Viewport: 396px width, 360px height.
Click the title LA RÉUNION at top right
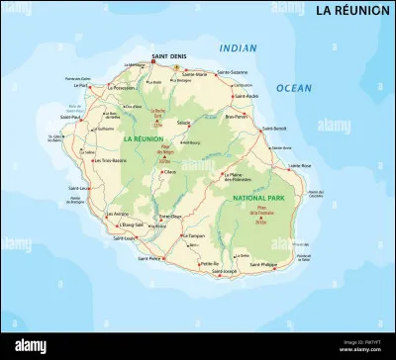pyautogui.click(x=351, y=11)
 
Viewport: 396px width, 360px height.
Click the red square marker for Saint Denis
pyautogui.click(x=154, y=64)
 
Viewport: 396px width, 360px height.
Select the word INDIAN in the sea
pyautogui.click(x=238, y=47)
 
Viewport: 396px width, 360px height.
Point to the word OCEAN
pyautogui.click(x=293, y=88)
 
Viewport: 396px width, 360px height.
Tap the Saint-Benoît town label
pyautogui.click(x=275, y=129)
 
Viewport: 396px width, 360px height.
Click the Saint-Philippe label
pyautogui.click(x=263, y=265)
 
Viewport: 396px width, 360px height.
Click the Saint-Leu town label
pyautogui.click(x=80, y=187)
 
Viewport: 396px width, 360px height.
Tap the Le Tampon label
pyautogui.click(x=193, y=236)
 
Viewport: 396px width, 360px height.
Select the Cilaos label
pyautogui.click(x=169, y=172)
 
